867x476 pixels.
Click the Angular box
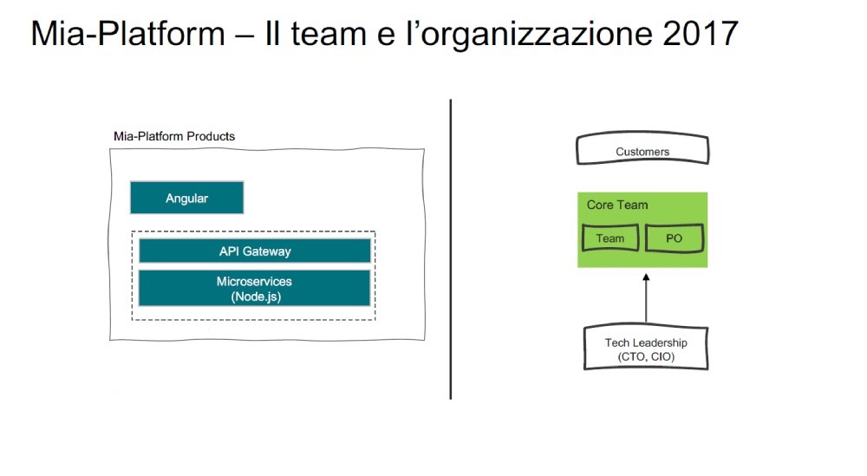point(187,198)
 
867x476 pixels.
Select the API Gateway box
point(255,251)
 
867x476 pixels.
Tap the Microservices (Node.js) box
point(254,288)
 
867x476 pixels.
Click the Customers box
point(642,149)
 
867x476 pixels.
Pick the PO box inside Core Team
point(675,238)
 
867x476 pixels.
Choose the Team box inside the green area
point(610,238)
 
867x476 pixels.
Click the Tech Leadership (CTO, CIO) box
point(646,349)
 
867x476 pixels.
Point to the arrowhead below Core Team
point(646,277)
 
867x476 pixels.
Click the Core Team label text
point(617,205)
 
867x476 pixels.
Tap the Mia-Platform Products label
point(174,136)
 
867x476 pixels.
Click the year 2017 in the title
point(700,33)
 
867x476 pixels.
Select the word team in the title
point(329,34)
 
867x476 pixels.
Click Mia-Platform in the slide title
point(127,33)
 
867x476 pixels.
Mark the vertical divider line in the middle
point(451,250)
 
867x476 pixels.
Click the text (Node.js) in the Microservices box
point(256,297)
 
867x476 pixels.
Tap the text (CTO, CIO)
point(647,356)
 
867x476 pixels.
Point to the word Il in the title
point(272,33)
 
